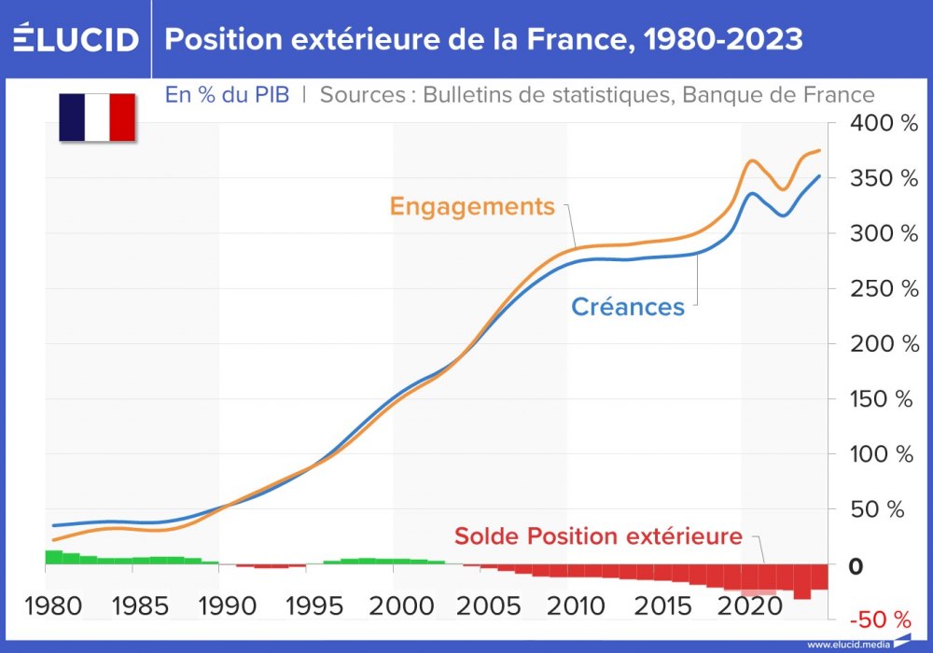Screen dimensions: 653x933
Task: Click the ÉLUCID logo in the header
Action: (76, 39)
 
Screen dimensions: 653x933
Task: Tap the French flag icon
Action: (97, 118)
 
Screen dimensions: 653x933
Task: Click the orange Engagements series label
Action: (472, 206)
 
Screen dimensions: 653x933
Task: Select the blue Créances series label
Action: (627, 306)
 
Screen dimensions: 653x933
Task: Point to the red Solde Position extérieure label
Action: (598, 536)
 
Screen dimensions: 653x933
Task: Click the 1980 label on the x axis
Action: (54, 606)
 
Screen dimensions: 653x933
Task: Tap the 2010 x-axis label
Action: (572, 606)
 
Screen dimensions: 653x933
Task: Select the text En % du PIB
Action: (227, 94)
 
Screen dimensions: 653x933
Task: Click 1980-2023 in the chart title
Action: (712, 39)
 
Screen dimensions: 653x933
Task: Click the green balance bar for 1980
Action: (54, 557)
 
